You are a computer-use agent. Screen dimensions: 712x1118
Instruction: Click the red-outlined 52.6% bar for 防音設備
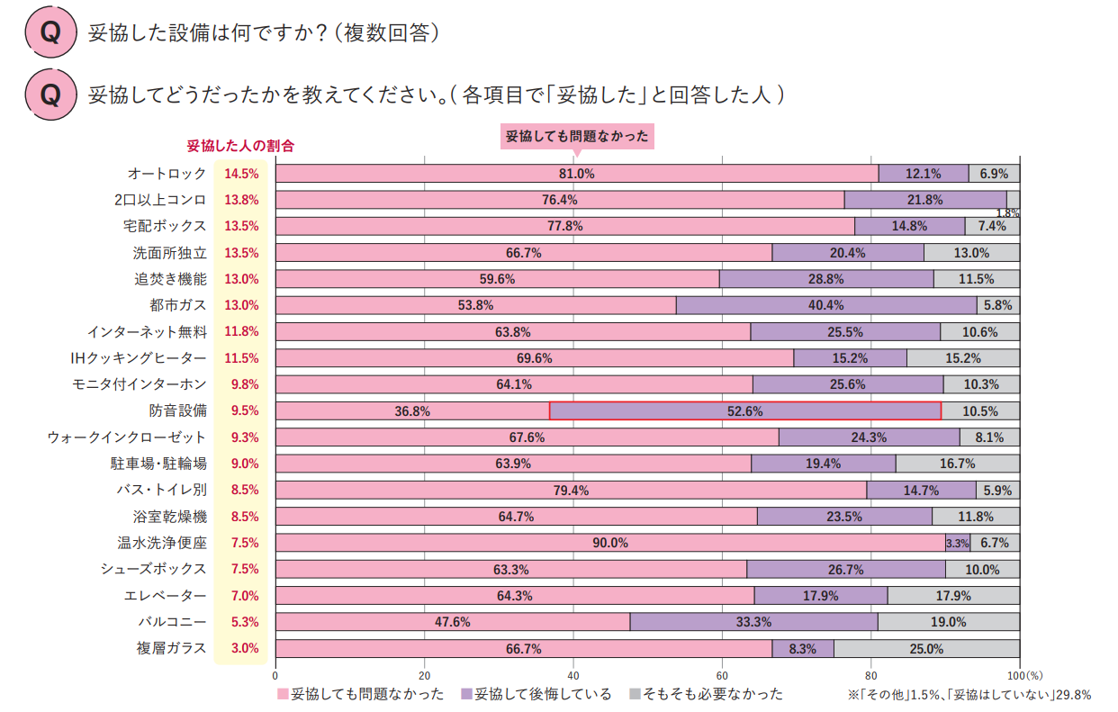tap(744, 410)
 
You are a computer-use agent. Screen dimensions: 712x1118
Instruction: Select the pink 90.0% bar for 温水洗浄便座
tap(610, 543)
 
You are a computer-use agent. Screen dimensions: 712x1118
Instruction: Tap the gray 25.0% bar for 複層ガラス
tap(926, 648)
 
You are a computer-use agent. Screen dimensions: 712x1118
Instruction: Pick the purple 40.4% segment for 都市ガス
tap(825, 305)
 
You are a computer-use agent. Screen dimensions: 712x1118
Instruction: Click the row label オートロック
tap(167, 174)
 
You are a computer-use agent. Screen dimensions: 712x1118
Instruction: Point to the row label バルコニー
tap(172, 622)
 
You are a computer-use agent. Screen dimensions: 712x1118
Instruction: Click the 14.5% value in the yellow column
tap(241, 174)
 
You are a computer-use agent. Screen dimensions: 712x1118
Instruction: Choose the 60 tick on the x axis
tap(722, 673)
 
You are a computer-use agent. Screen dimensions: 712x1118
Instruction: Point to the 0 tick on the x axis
tap(275, 673)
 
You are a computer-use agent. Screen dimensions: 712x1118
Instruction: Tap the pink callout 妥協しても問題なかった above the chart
tap(576, 136)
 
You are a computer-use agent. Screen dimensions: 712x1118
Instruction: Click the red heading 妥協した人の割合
tap(240, 145)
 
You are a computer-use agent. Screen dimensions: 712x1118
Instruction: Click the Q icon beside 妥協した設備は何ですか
tap(50, 33)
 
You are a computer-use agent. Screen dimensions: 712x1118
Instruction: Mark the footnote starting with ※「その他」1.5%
tap(969, 695)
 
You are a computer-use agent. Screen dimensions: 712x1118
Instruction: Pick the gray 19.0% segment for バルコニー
tap(948, 622)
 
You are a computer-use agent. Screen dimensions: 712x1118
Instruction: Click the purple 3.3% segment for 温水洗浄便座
tap(957, 543)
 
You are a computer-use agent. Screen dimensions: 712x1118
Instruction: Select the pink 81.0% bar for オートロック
tap(576, 174)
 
